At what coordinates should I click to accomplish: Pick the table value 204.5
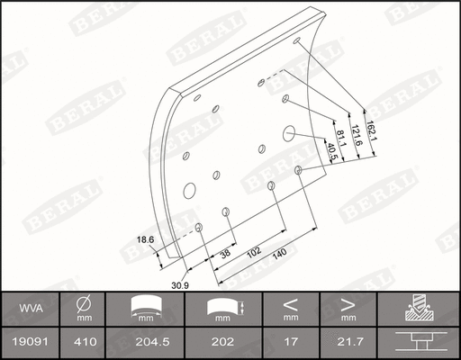point(145,342)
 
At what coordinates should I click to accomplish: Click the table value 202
point(223,342)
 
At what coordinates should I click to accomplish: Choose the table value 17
point(291,342)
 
